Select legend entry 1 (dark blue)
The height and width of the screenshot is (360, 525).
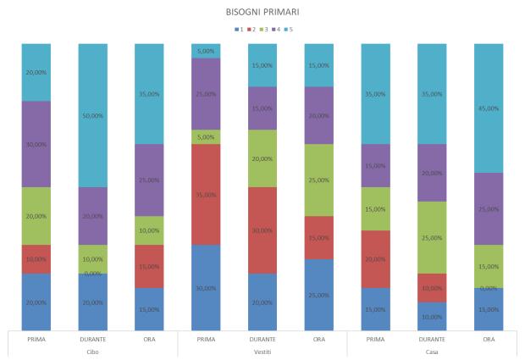tap(244, 31)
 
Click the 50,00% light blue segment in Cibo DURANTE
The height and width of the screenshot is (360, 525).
tap(93, 115)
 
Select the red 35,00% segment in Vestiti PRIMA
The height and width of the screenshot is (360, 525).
tap(206, 194)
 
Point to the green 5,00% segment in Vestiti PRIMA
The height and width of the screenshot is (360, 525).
tap(206, 136)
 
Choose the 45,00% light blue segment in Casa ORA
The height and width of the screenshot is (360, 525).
tap(489, 108)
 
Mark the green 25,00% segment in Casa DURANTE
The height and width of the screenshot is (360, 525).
tap(432, 237)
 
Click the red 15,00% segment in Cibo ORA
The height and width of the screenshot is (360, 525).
tap(149, 266)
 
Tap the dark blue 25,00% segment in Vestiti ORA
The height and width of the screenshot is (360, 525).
tap(318, 294)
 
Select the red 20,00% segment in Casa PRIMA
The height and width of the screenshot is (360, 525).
tap(375, 258)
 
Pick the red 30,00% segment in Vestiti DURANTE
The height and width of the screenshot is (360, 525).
tap(262, 230)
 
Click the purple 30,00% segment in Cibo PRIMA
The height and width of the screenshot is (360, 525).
tap(36, 144)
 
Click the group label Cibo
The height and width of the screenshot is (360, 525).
tap(93, 352)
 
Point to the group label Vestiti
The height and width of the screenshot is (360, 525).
tap(262, 352)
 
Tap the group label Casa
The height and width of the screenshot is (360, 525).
tap(432, 352)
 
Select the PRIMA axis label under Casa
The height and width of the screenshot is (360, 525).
tap(375, 339)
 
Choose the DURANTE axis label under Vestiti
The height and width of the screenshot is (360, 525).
tap(262, 339)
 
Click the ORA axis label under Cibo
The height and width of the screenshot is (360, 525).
tap(149, 339)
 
